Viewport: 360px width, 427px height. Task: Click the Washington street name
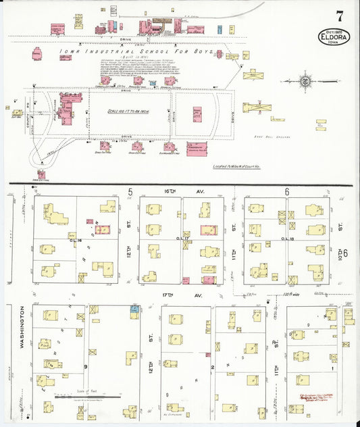coord(22,328)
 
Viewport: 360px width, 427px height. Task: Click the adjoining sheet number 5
coord(129,192)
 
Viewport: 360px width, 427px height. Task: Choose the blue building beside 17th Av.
coord(134,308)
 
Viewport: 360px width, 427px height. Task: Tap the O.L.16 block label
coord(75,240)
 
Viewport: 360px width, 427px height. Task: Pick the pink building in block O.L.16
coord(103,230)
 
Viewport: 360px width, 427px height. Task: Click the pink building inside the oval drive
coord(197,114)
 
